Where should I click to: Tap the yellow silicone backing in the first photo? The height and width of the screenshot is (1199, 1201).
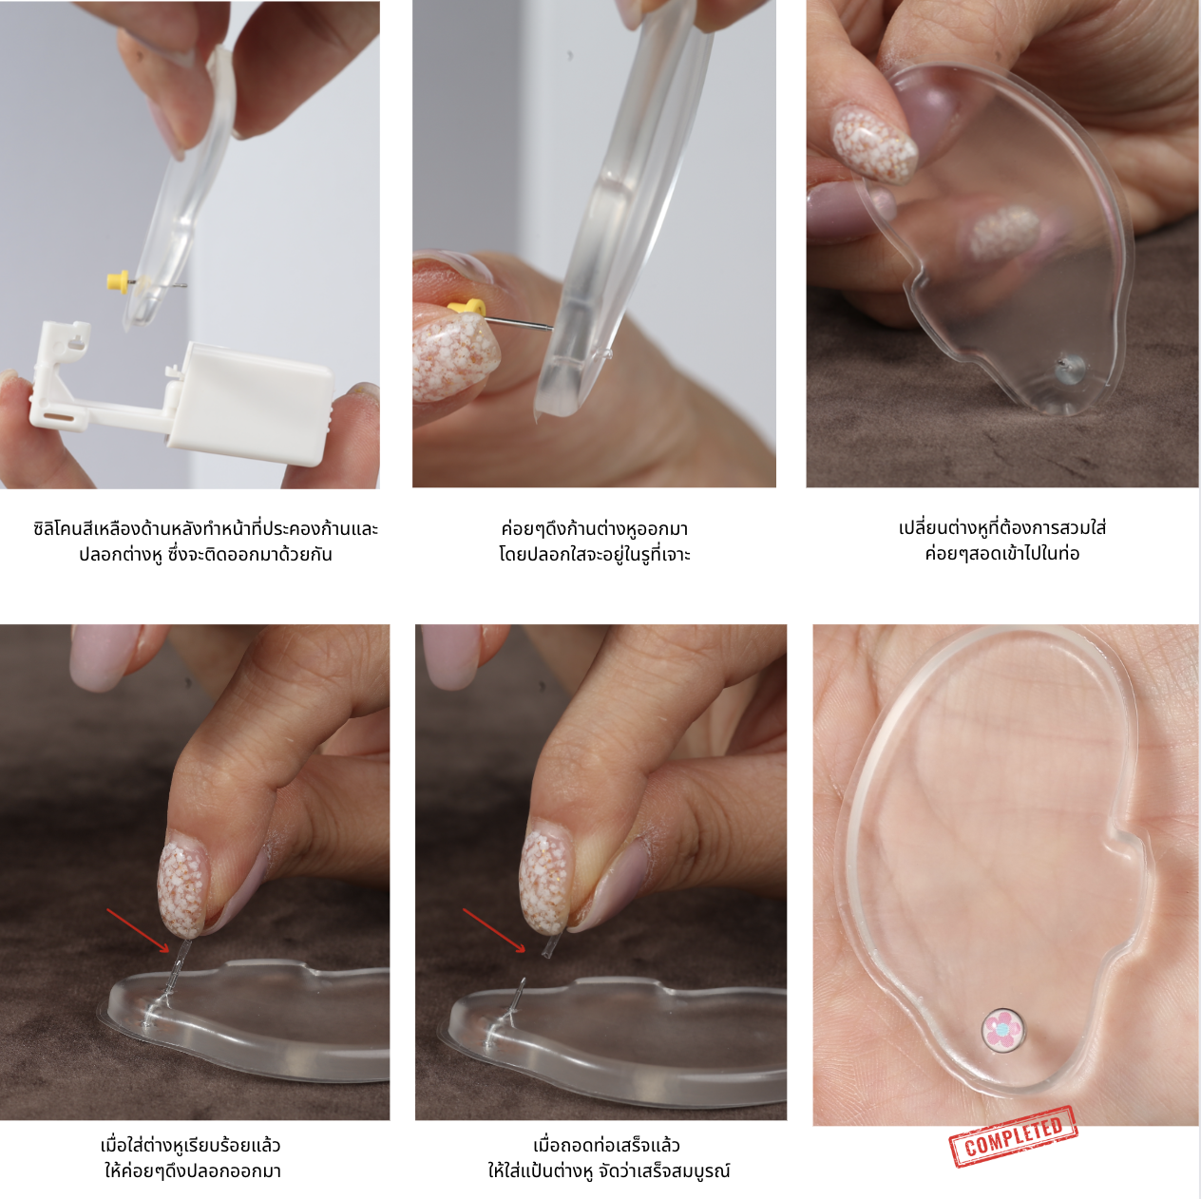tap(118, 280)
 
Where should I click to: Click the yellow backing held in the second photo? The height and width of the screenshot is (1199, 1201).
tap(467, 307)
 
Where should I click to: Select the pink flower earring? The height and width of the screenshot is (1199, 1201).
tap(1002, 1030)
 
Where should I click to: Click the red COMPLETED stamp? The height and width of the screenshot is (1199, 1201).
tap(1013, 1136)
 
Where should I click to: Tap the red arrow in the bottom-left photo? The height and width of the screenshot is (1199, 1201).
tap(138, 929)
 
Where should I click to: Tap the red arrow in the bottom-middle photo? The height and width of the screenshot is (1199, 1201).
tap(494, 929)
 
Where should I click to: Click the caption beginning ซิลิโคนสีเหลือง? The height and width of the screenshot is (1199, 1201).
tap(205, 542)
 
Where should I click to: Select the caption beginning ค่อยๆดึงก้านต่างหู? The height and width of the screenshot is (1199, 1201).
tap(595, 542)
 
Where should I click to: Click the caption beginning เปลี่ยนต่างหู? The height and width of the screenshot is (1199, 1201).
tap(1002, 541)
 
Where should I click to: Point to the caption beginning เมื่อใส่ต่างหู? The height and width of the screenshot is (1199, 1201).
tap(192, 1158)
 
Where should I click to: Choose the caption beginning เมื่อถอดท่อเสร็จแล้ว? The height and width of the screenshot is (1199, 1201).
tap(608, 1158)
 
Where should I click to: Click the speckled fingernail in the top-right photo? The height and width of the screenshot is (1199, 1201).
tap(874, 143)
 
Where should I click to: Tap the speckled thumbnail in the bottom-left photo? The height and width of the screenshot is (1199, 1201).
tap(181, 888)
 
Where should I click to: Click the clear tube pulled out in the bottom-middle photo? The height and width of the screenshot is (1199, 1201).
tap(548, 946)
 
